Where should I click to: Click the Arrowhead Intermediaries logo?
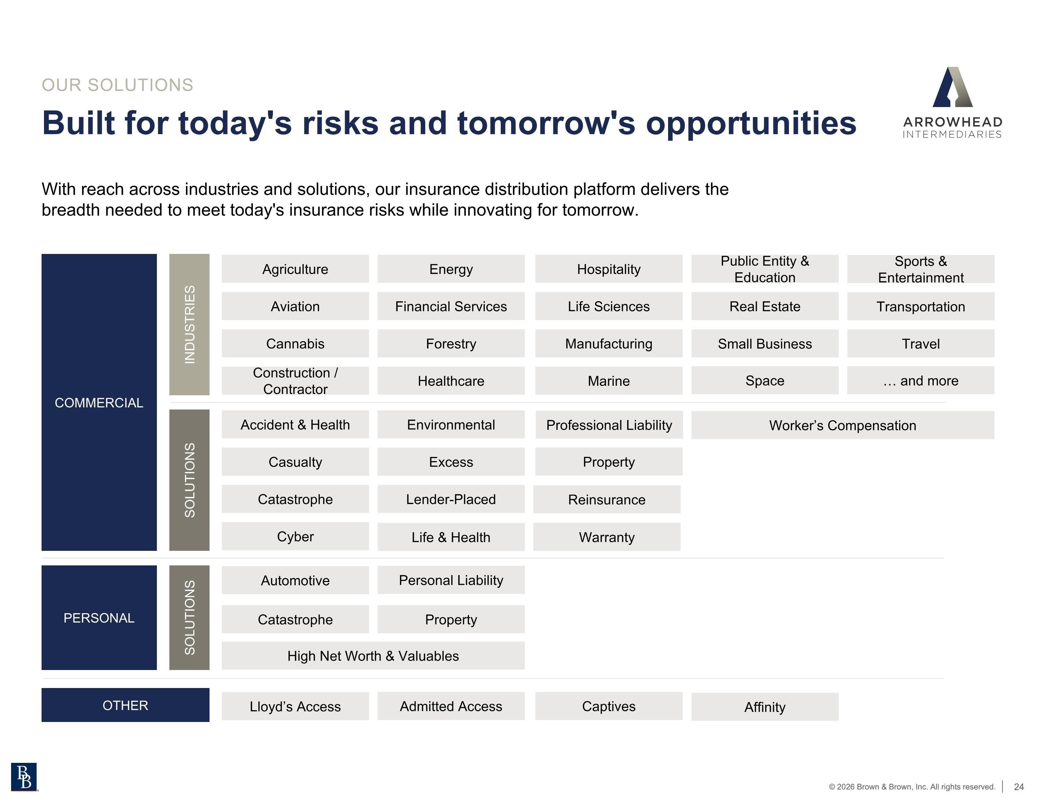952,102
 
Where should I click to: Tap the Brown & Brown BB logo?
24,777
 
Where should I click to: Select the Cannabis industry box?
295,343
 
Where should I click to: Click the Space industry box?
764,380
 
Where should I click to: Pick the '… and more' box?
920,380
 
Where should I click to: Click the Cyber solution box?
295,536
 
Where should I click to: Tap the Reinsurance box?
606,499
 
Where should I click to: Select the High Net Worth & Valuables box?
373,656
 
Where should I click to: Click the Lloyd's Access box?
295,706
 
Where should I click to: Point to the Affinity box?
764,707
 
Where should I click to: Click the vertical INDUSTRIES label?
189,325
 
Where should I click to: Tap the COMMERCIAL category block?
99,403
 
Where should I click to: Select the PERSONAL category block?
99,618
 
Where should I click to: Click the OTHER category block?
125,705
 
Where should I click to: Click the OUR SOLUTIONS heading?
117,85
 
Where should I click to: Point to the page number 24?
1019,787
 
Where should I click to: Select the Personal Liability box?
451,580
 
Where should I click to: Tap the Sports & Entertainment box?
920,269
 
